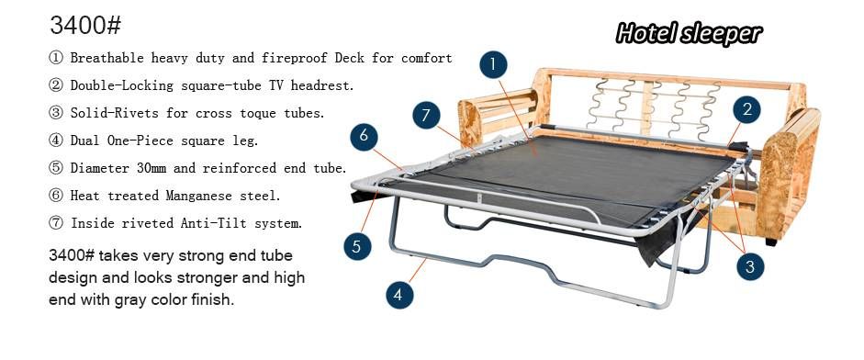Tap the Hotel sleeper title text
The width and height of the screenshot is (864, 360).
(x=690, y=35)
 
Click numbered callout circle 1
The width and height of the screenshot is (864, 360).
(x=494, y=64)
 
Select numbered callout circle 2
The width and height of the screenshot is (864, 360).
(x=746, y=109)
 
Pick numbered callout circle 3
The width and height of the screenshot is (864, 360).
(x=750, y=267)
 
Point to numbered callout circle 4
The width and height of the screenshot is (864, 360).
(x=398, y=295)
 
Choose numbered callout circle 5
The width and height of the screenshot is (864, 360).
(x=358, y=246)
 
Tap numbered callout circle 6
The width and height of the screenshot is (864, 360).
(x=365, y=137)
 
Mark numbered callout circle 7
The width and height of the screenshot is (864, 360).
(x=425, y=116)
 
